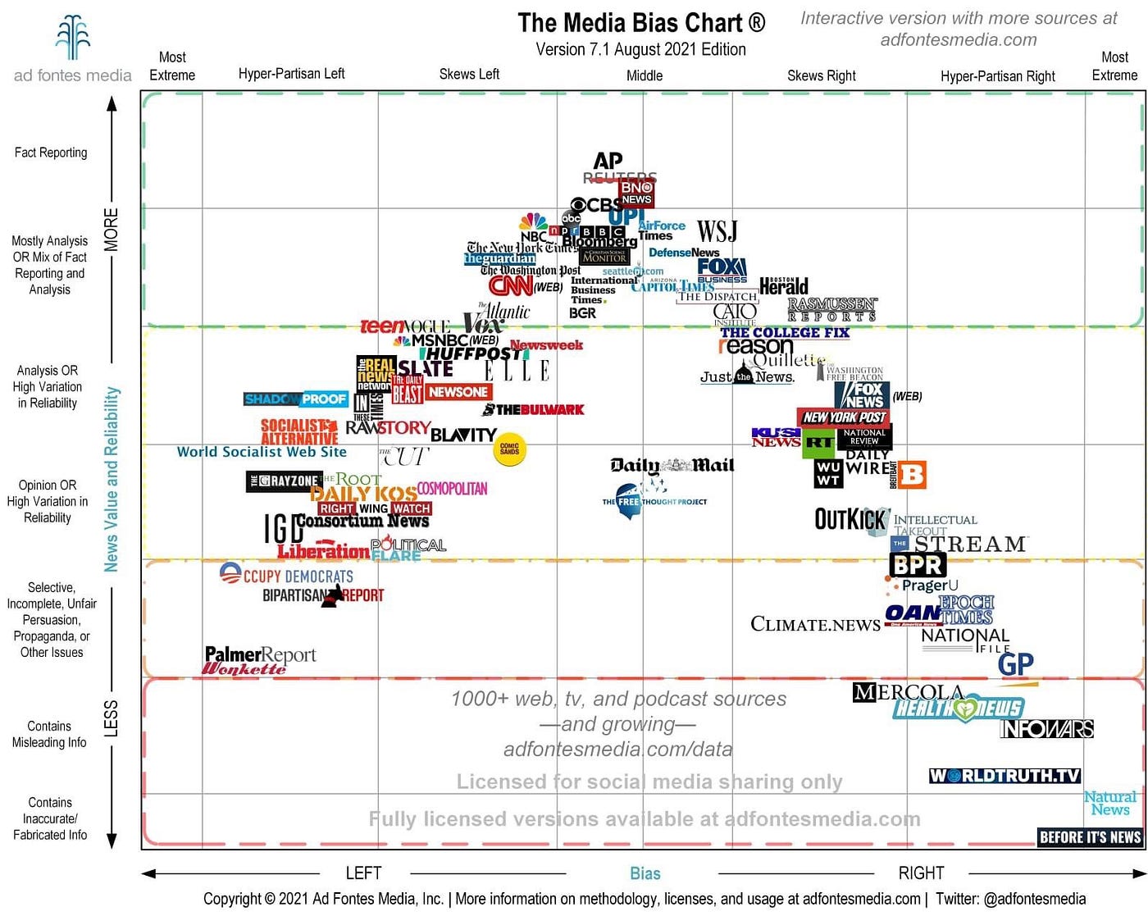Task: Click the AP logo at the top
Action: (x=608, y=161)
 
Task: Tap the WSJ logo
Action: (x=717, y=232)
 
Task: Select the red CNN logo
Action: (x=511, y=285)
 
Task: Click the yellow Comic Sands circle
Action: (x=509, y=449)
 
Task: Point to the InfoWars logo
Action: (x=1046, y=728)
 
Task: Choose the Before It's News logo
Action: (x=1090, y=836)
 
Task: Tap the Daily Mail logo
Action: (x=672, y=466)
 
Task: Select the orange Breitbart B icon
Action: (x=912, y=475)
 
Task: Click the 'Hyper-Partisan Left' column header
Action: (x=291, y=74)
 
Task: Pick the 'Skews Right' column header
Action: (x=821, y=75)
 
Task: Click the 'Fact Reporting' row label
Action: (x=51, y=153)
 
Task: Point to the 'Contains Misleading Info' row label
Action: (x=49, y=734)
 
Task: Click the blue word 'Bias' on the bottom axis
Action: (x=645, y=873)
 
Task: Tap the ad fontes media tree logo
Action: (x=72, y=38)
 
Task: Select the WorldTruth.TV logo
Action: (x=1004, y=775)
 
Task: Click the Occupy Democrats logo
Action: (x=286, y=575)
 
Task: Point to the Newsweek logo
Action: (x=546, y=345)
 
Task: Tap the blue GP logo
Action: (x=1015, y=663)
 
